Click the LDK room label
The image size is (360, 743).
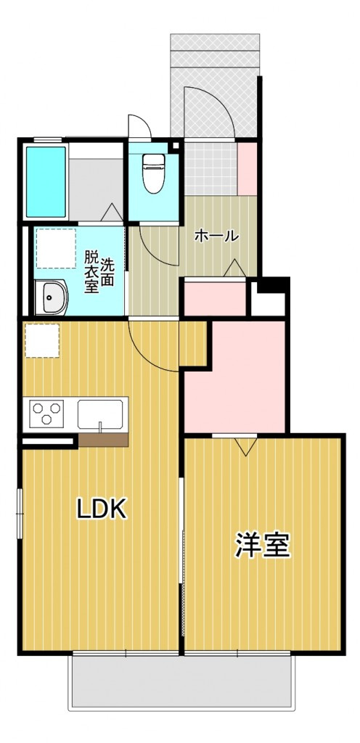(102, 509)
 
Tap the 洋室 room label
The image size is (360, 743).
(263, 545)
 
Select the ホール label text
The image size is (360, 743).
(216, 236)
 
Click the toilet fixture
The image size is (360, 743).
(153, 173)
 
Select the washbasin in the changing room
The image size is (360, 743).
(51, 297)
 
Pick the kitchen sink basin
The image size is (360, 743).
(101, 413)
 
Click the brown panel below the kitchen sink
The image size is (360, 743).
(103, 439)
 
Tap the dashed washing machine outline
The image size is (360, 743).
(56, 248)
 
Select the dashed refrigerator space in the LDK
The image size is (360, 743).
(41, 340)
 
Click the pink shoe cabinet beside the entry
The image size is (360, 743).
(247, 168)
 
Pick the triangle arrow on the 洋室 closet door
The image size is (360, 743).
(245, 446)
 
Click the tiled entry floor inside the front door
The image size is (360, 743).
(210, 168)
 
